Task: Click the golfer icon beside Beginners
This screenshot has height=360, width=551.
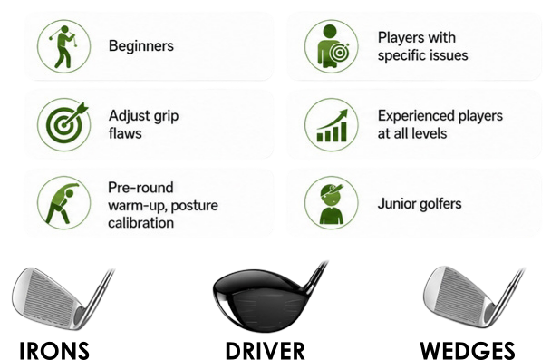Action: (x=63, y=46)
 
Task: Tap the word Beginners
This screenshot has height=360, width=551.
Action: (x=141, y=46)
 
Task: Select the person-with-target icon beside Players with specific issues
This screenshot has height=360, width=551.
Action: (x=332, y=46)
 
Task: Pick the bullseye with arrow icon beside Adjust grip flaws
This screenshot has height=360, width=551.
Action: (x=63, y=124)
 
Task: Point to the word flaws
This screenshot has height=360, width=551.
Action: (x=125, y=133)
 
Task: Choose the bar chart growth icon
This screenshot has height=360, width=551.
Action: (x=332, y=124)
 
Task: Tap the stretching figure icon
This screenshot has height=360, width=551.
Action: (x=63, y=203)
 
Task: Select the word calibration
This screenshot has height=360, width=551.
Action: (x=140, y=223)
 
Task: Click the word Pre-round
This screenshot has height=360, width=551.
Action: (x=140, y=188)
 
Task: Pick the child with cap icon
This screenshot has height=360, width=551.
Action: (x=332, y=203)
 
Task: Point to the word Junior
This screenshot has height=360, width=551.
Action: (x=392, y=204)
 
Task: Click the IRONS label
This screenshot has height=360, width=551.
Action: (x=54, y=351)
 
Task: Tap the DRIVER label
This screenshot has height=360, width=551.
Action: (x=265, y=351)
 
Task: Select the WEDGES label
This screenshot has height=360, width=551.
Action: (x=468, y=351)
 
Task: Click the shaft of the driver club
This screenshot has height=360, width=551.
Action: (x=316, y=277)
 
